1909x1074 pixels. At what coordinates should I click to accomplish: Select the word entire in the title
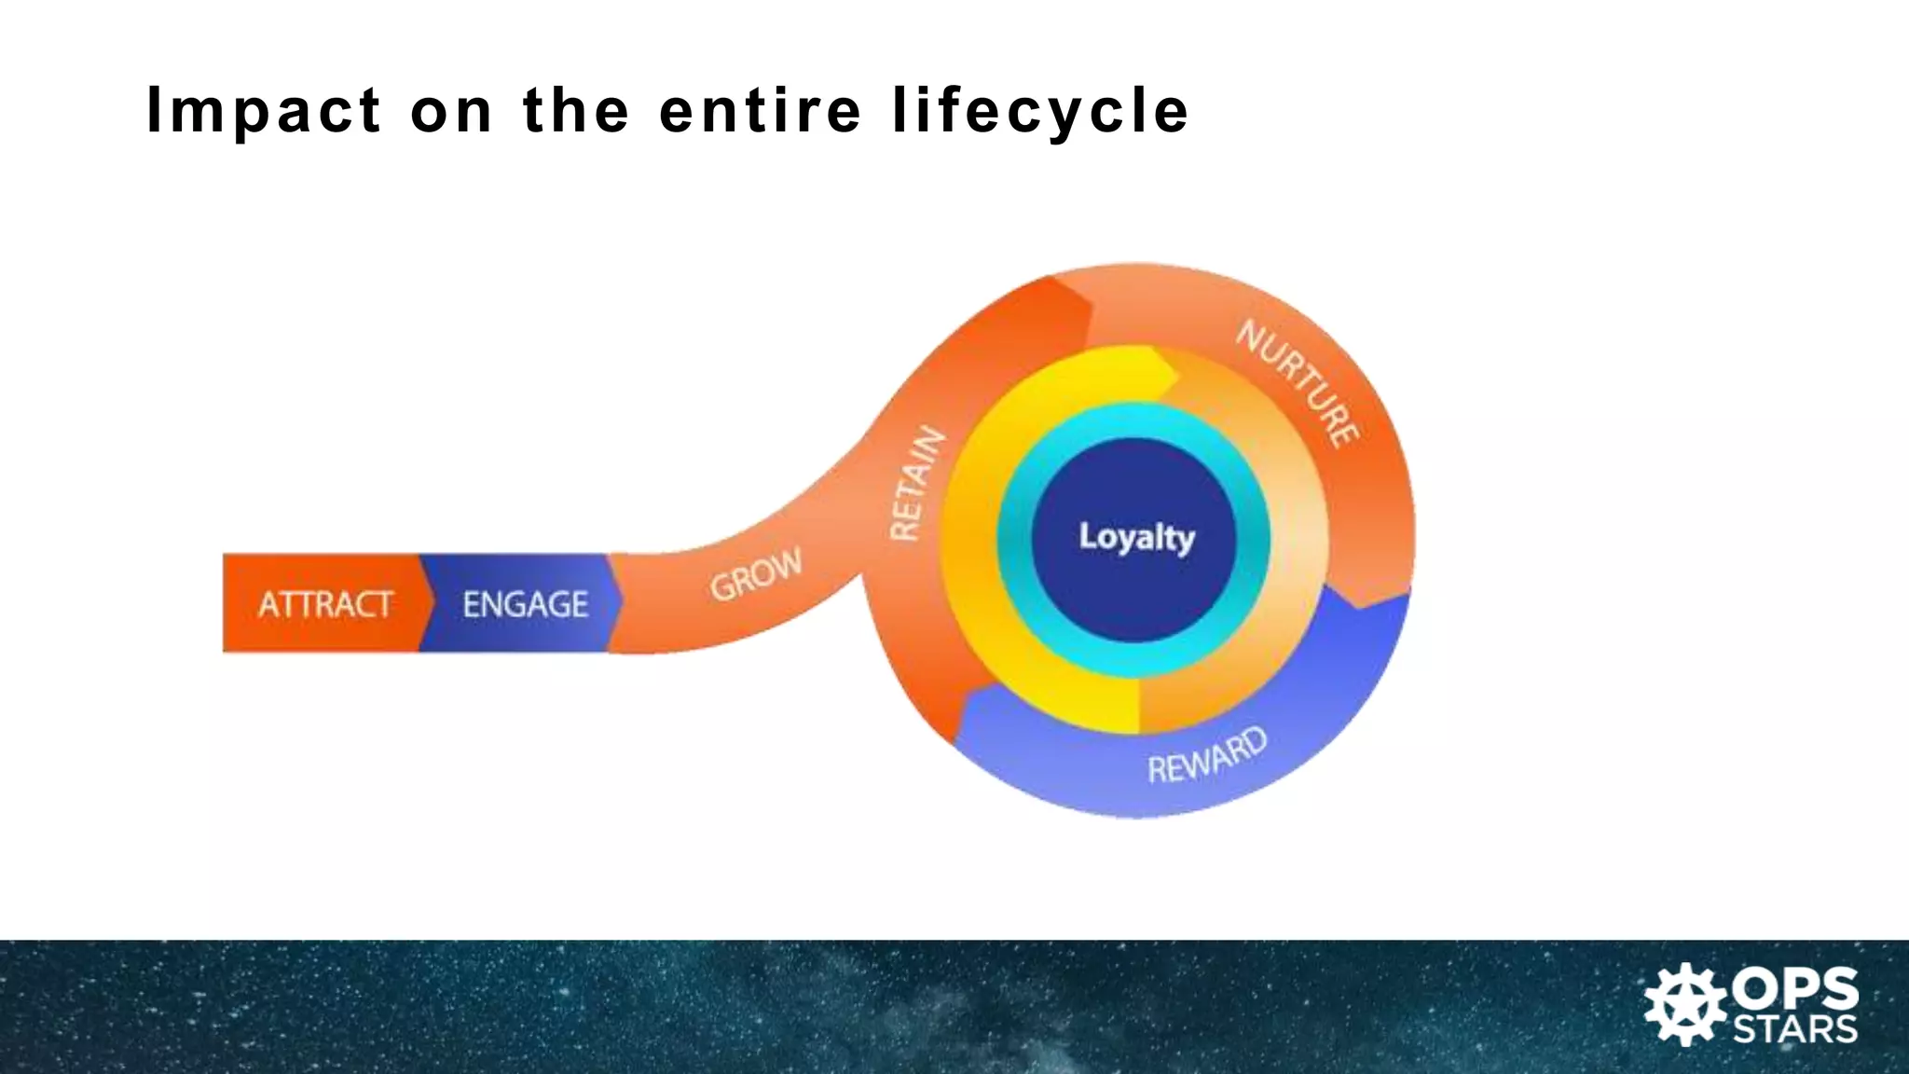[760, 110]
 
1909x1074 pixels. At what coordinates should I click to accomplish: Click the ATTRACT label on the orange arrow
[324, 604]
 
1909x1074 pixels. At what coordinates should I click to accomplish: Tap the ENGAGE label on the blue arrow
[525, 604]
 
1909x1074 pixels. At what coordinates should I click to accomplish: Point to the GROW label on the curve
[755, 573]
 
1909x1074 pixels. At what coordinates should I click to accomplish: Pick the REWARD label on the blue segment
[1207, 756]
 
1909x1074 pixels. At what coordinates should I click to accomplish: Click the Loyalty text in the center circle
[1136, 537]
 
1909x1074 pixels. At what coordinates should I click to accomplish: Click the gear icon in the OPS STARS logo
[1685, 1005]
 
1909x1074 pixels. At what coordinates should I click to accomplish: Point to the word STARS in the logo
[1795, 1028]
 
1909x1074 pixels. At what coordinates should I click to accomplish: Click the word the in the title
[575, 110]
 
